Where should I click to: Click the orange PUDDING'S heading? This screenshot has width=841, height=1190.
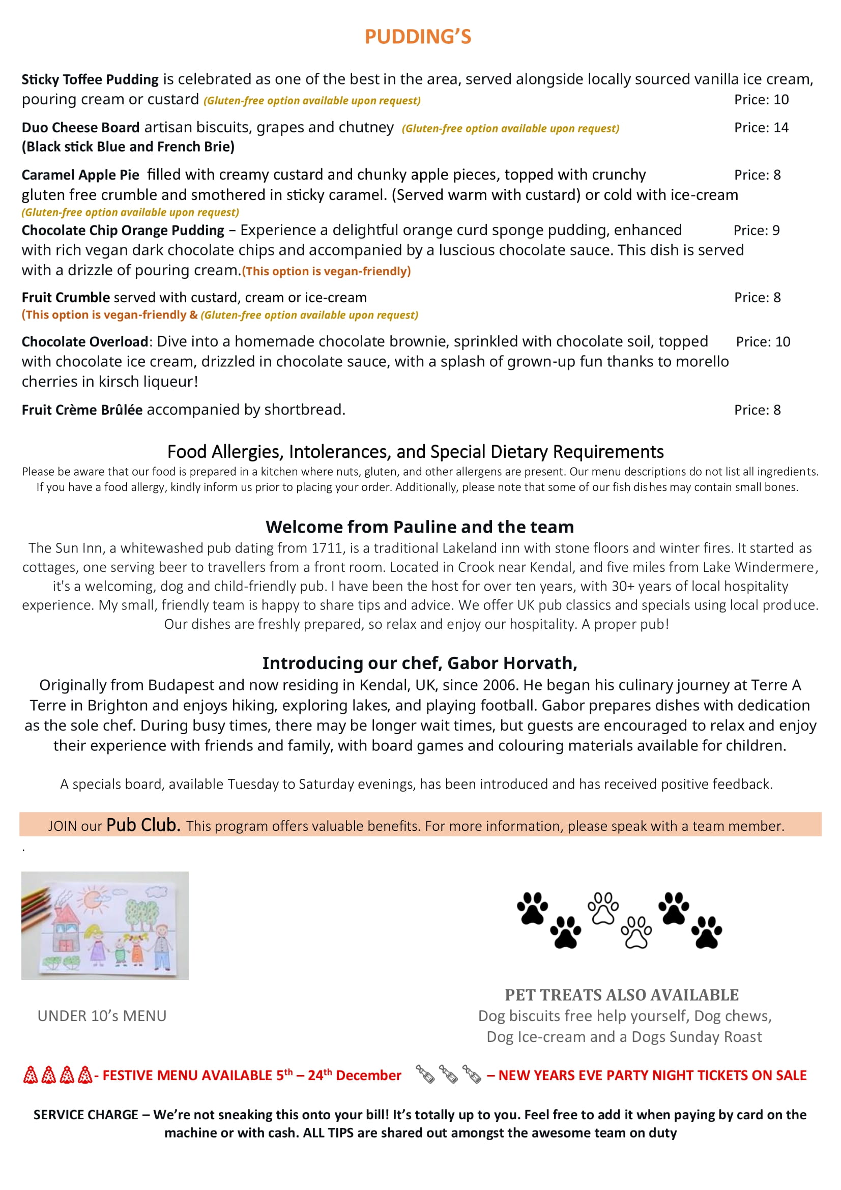point(418,37)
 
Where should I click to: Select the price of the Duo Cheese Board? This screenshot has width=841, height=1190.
point(761,128)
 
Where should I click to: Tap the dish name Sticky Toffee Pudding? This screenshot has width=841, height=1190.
point(90,79)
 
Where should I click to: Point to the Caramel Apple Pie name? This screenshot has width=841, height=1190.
point(80,175)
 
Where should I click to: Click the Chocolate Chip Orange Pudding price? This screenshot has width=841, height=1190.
point(756,230)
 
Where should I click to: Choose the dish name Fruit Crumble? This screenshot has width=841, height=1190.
point(65,298)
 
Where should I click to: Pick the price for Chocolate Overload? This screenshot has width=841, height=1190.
point(763,341)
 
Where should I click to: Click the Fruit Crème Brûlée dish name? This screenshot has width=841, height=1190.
point(82,410)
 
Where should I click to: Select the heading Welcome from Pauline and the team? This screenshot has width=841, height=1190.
point(420,527)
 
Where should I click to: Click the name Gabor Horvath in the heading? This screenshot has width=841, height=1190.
point(511,663)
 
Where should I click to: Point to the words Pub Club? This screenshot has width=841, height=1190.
point(143,825)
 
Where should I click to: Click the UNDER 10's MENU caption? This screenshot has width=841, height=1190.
point(102,1016)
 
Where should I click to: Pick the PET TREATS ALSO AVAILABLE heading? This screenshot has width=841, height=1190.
point(621,995)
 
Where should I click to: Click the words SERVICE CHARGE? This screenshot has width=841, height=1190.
point(85,1115)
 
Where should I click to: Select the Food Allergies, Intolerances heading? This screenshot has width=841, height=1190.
point(415,452)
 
